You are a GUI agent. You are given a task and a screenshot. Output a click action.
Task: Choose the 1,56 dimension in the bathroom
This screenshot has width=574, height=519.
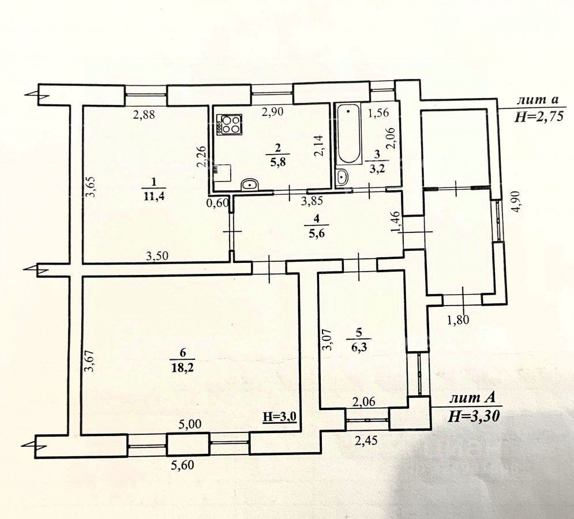coord(379,112)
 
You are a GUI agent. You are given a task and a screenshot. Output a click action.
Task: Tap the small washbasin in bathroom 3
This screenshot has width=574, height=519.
coord(342,177)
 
